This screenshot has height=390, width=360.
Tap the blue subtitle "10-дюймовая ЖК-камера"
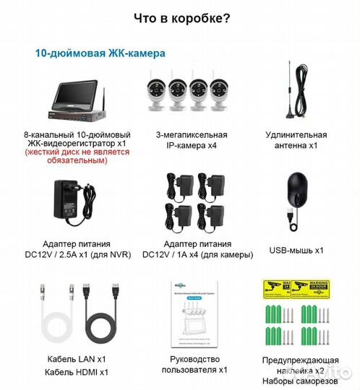tap(100, 53)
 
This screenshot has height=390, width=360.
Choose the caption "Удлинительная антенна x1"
tap(296, 140)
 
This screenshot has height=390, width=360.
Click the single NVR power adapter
tap(69, 199)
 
